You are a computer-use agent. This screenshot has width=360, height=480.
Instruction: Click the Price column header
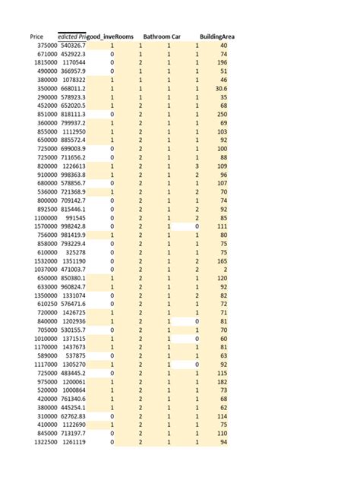(x=36, y=36)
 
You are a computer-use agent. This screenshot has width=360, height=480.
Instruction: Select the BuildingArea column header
(x=217, y=36)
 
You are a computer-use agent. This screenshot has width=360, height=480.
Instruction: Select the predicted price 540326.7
(x=73, y=46)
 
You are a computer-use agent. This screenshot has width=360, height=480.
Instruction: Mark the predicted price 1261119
(x=74, y=442)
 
